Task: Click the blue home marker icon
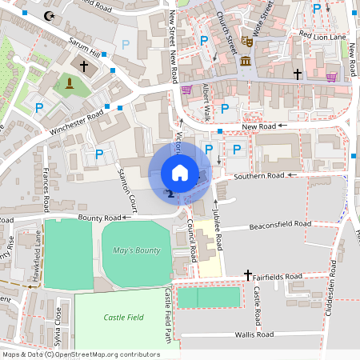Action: coord(180,172)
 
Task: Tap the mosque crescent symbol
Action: coord(52,16)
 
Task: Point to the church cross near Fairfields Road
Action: coord(248,274)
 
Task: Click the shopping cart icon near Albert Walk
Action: coord(186,90)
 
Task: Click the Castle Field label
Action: coord(124,318)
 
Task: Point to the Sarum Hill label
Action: coord(86,49)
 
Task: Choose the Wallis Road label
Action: coord(254,334)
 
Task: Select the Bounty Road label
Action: coord(99,218)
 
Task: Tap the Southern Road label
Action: coord(258,175)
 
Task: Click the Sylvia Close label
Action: coord(58,320)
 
